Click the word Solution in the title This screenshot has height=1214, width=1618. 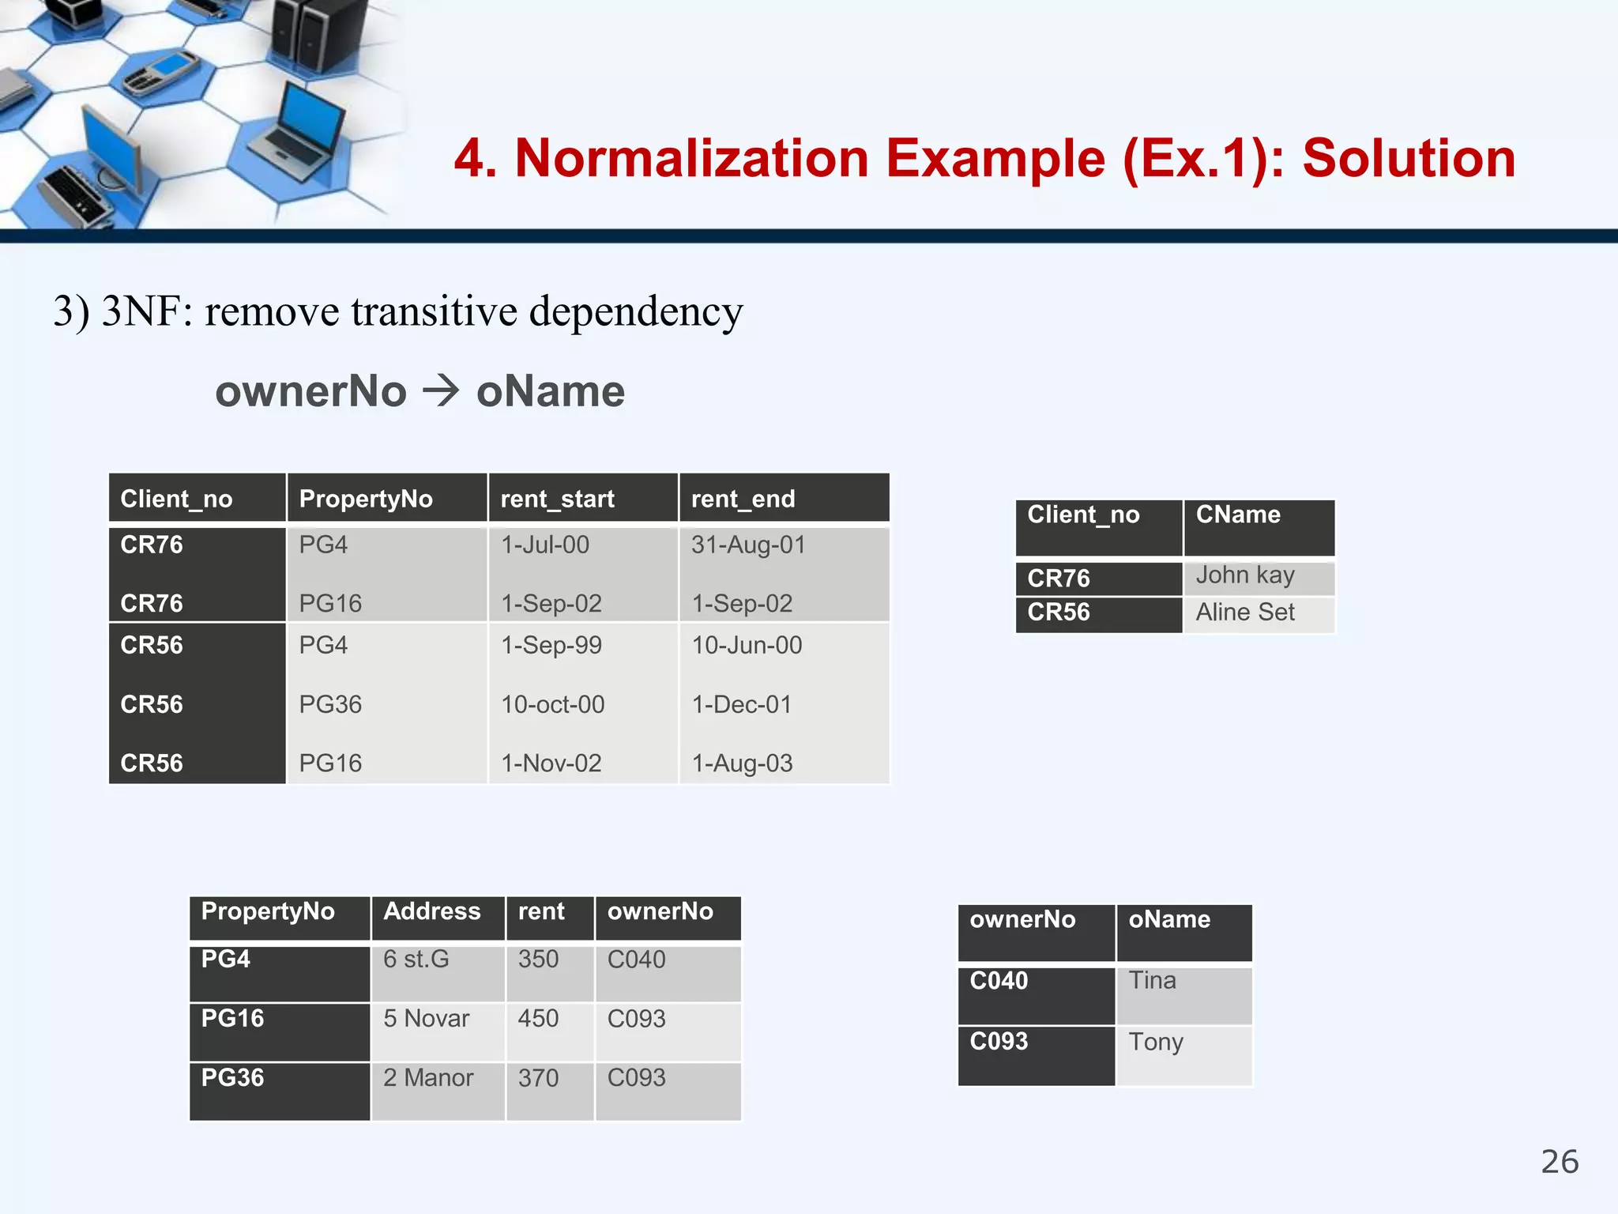coord(1409,159)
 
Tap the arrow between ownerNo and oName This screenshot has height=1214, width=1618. coord(441,390)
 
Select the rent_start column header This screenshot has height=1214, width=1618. coord(557,499)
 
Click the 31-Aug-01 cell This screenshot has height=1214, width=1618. coord(748,545)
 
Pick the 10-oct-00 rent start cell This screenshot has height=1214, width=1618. coord(552,704)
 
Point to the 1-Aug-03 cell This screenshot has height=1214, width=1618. coord(742,763)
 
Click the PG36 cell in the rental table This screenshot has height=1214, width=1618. coord(330,704)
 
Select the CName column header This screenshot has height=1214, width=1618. coord(1237,515)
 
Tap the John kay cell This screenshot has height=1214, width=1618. coord(1244,575)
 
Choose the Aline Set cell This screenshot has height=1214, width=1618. coord(1244,612)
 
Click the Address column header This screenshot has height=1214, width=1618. coord(431,911)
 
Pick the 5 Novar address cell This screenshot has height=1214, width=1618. coord(426,1018)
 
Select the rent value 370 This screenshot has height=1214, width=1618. coord(538,1077)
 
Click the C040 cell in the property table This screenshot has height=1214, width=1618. coord(636,959)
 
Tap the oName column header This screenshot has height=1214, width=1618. coord(1168,919)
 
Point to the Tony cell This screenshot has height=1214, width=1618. coord(1155,1042)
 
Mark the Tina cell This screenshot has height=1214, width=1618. coord(1152,981)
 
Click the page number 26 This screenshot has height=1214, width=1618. coord(1559,1162)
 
